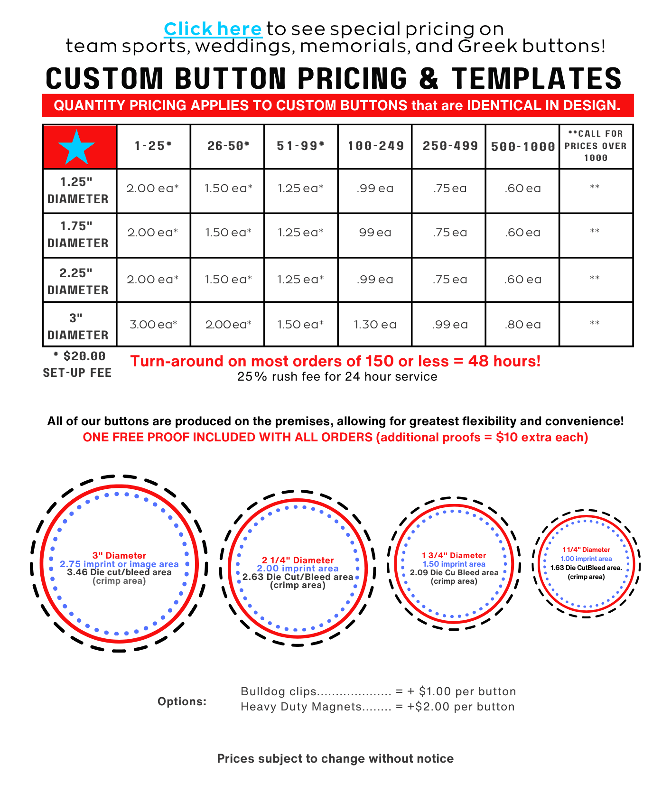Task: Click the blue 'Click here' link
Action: (x=213, y=29)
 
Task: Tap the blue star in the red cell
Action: (x=77, y=147)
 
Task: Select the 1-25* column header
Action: (x=153, y=146)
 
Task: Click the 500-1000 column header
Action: (x=523, y=147)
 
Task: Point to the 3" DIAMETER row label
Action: (x=78, y=327)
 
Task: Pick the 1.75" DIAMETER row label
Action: (x=78, y=234)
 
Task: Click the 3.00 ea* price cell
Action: (x=153, y=325)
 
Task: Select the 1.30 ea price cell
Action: (x=375, y=325)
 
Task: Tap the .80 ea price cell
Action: (x=523, y=325)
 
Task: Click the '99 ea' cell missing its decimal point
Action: (x=375, y=233)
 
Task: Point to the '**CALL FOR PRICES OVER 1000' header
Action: (x=596, y=146)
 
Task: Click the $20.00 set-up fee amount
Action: (x=84, y=356)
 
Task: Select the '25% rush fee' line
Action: (x=337, y=377)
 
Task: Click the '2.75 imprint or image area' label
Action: (x=119, y=564)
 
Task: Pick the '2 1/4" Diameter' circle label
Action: (x=298, y=560)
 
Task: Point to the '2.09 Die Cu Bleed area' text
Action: (x=454, y=573)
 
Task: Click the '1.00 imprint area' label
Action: (x=586, y=559)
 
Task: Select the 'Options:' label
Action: (x=182, y=701)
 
